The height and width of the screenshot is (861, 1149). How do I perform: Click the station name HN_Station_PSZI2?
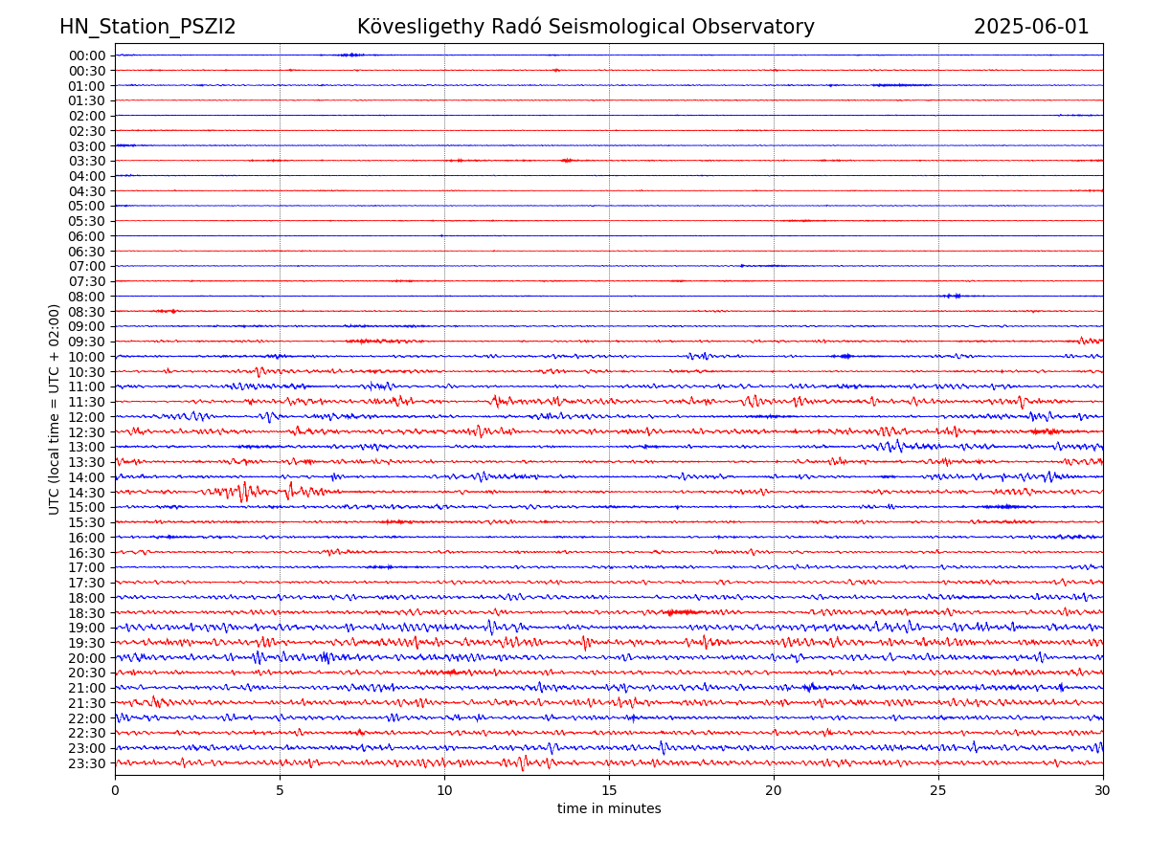147,27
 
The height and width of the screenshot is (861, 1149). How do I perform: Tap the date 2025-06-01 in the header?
1031,27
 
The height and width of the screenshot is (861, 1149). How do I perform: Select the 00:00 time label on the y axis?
87,55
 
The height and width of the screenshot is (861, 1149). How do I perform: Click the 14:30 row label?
87,493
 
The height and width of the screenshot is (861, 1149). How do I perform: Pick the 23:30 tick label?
87,763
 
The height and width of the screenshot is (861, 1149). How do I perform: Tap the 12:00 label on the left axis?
87,417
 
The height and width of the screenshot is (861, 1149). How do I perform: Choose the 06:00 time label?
87,236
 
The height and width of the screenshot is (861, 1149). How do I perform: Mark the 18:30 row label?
87,613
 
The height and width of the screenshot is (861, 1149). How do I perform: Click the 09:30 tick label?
87,342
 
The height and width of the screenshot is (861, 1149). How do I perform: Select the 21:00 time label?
87,688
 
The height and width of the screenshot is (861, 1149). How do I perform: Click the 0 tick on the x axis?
115,790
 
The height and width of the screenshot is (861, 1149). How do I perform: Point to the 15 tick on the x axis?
609,790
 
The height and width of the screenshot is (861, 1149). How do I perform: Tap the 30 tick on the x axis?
1103,790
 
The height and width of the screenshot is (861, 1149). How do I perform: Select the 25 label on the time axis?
938,790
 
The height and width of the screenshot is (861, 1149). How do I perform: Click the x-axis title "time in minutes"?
609,809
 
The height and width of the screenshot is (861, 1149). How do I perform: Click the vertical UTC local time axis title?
55,409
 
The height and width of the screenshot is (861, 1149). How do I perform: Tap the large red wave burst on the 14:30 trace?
244,492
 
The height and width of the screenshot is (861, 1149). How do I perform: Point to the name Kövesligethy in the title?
422,27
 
